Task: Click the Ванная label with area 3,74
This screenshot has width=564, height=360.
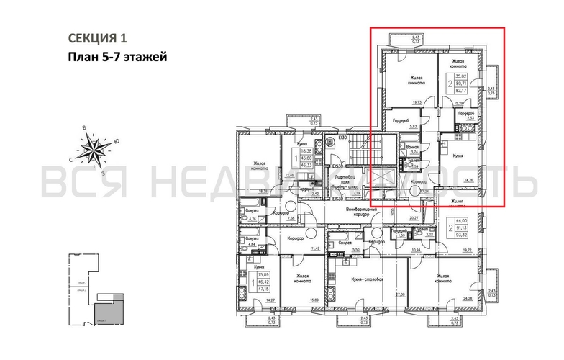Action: pyautogui.click(x=412, y=147)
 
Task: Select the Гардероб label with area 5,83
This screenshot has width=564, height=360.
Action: pyautogui.click(x=401, y=120)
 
